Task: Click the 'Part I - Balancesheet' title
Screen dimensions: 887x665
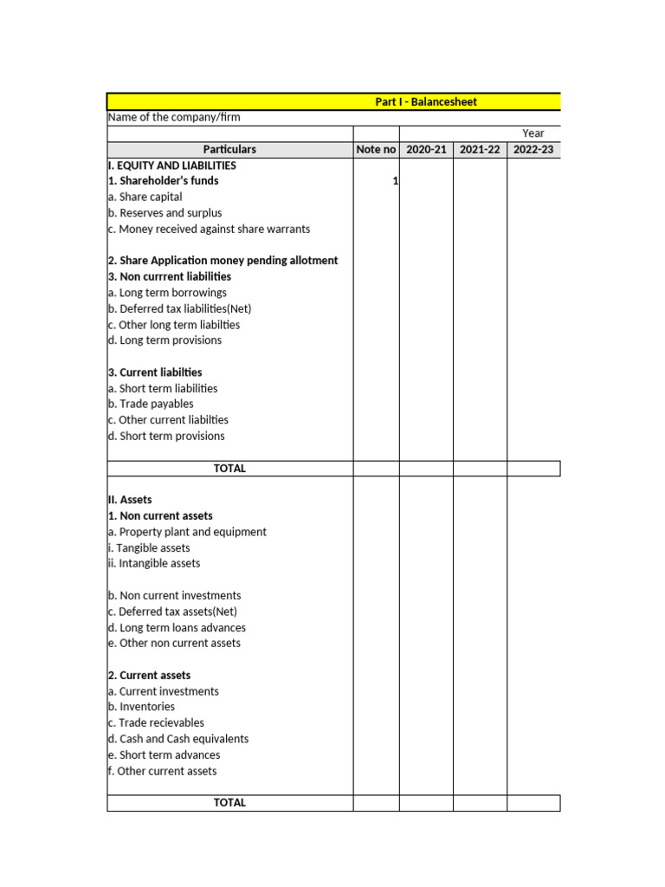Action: (425, 102)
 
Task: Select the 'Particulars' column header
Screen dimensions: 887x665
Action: (229, 150)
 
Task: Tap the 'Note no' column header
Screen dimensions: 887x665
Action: (376, 150)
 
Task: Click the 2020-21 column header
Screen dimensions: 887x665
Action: (426, 150)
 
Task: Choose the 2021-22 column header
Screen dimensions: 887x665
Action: (480, 150)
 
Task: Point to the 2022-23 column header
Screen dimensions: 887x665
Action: (533, 150)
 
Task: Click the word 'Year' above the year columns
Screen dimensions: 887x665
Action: (533, 133)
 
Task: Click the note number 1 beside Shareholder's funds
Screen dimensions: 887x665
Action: (395, 181)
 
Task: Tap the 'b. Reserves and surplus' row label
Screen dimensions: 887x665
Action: (165, 213)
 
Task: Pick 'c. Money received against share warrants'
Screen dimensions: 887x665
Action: (209, 230)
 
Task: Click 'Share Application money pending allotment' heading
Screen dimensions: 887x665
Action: (223, 261)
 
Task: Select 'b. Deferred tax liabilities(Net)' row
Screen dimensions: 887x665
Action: (179, 308)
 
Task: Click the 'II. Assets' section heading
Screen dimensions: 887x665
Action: (130, 500)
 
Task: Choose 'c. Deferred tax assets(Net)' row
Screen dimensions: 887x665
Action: (172, 612)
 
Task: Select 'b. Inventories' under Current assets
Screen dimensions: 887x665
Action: (141, 707)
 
